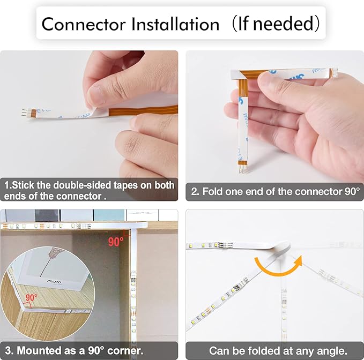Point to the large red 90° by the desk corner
pyautogui.click(x=116, y=242)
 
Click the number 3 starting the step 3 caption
pyautogui.click(x=7, y=351)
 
